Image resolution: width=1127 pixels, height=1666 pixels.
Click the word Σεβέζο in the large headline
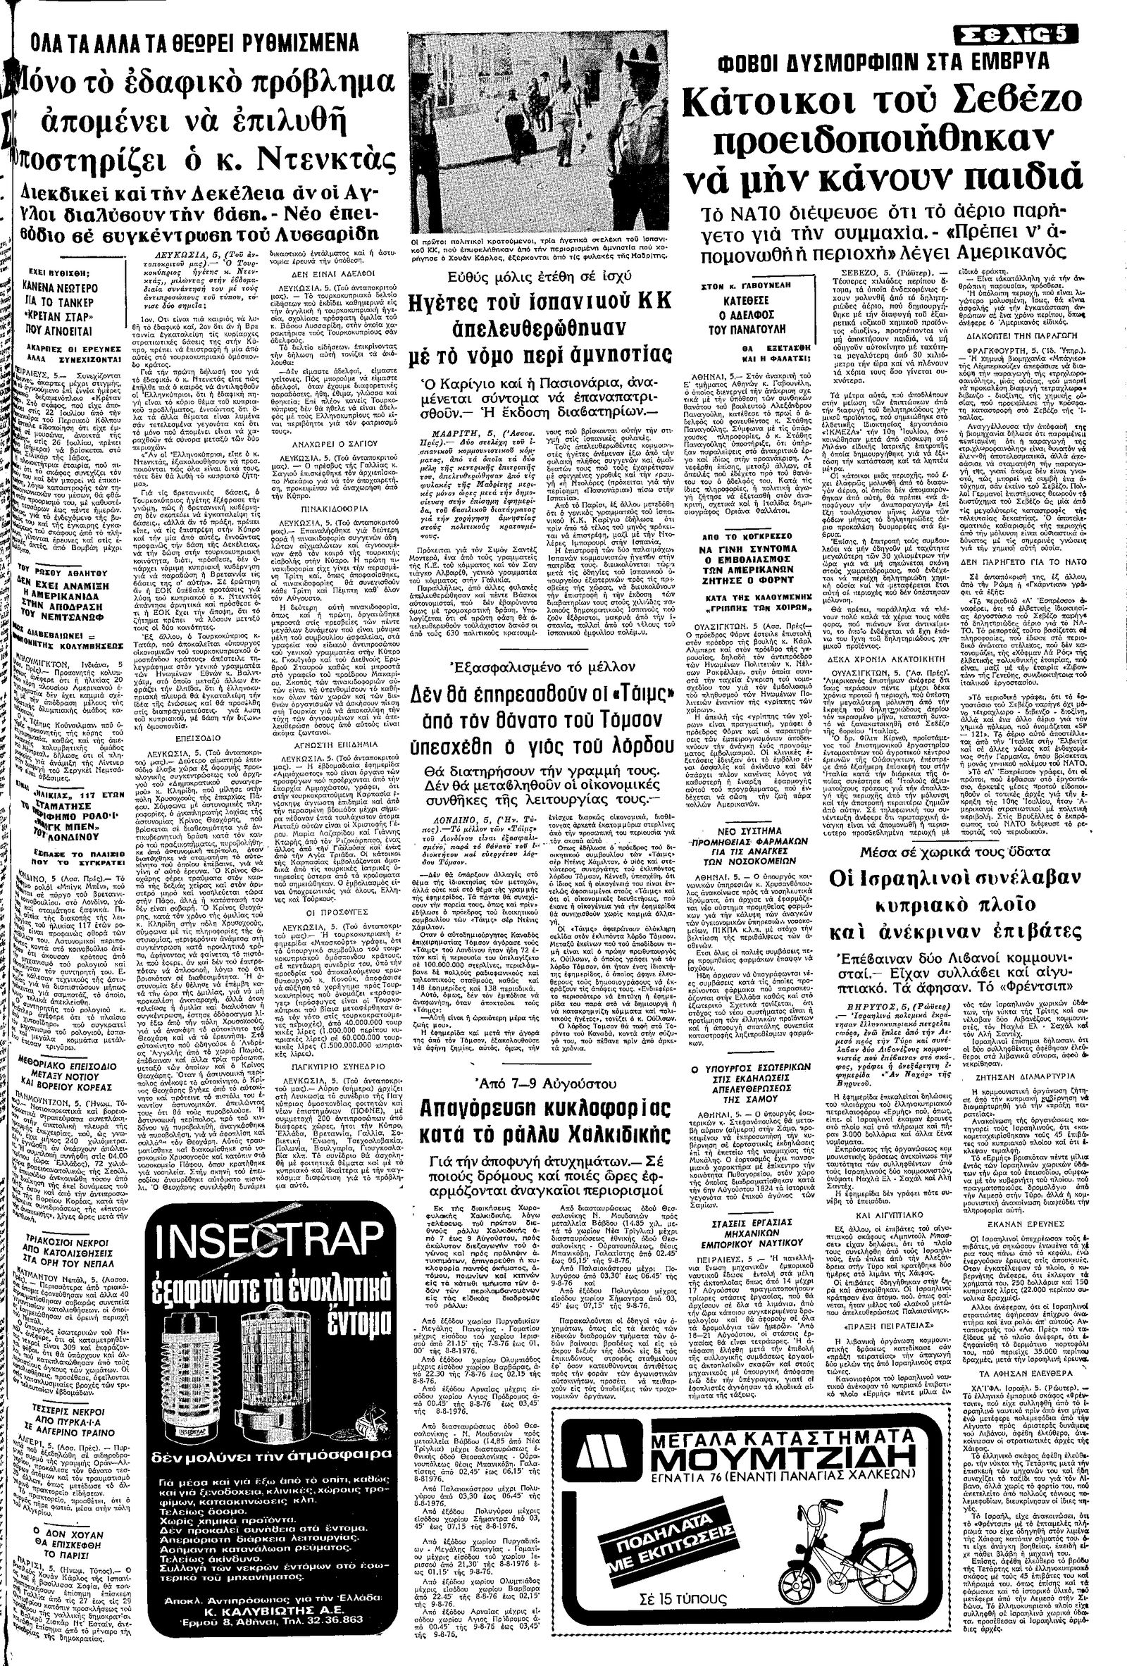[x=1008, y=106]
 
